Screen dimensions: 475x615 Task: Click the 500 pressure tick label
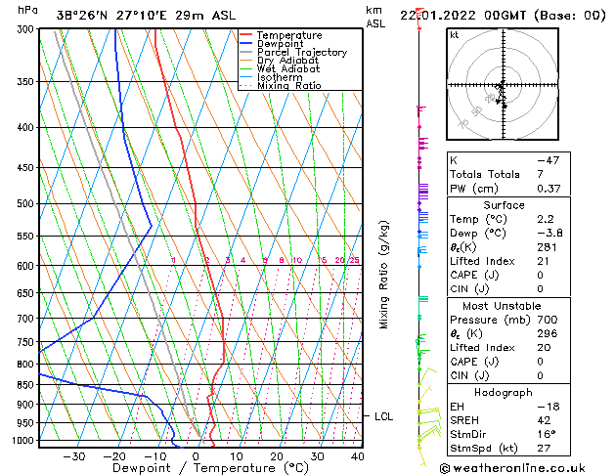click(25, 204)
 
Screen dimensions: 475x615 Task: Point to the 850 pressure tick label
click(25, 385)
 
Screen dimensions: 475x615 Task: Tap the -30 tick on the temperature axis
click(73, 455)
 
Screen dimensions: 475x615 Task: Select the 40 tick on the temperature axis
click(357, 455)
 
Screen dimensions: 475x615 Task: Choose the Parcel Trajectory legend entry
click(301, 53)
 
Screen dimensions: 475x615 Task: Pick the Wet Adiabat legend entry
click(289, 69)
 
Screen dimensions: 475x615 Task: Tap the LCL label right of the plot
click(384, 416)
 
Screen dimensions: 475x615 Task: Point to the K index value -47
click(547, 160)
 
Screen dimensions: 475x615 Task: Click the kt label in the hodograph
click(454, 35)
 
